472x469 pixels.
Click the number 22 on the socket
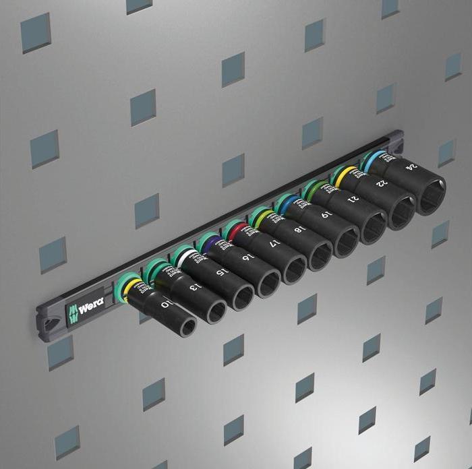point(382,181)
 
